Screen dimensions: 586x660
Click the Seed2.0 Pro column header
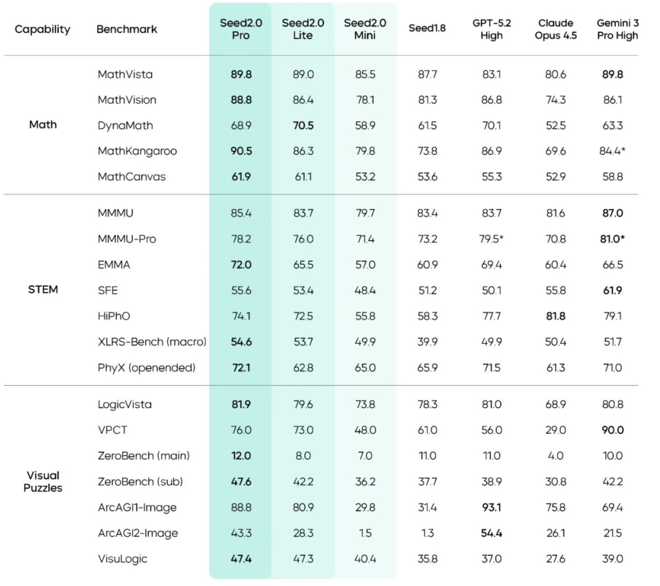pos(241,29)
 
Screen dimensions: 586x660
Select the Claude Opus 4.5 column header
pos(556,29)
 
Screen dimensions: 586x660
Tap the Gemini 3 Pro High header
pos(617,29)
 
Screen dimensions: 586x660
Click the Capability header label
pos(42,29)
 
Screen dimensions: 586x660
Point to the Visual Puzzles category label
pos(43,482)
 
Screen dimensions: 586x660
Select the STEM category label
pos(43,289)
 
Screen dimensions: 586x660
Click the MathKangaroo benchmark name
pos(137,151)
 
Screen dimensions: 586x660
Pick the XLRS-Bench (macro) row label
pos(152,342)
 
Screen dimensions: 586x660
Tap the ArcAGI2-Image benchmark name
pos(138,533)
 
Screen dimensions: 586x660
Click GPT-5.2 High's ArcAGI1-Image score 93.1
pos(491,507)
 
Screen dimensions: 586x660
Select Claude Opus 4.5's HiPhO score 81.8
pos(556,316)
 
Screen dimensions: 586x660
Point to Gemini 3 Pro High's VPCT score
pos(613,430)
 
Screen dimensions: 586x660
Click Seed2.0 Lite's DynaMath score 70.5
pos(303,125)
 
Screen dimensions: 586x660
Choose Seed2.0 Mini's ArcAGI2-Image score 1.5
pos(365,533)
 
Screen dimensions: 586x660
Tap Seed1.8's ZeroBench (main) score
pos(427,456)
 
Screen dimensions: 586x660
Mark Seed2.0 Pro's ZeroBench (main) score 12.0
pos(241,456)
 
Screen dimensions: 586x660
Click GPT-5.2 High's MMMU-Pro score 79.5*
pos(491,239)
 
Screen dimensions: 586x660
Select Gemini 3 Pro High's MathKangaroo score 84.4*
pos(613,151)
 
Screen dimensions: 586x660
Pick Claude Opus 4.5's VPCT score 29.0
pos(556,430)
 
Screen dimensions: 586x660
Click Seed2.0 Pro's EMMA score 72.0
pos(241,265)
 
